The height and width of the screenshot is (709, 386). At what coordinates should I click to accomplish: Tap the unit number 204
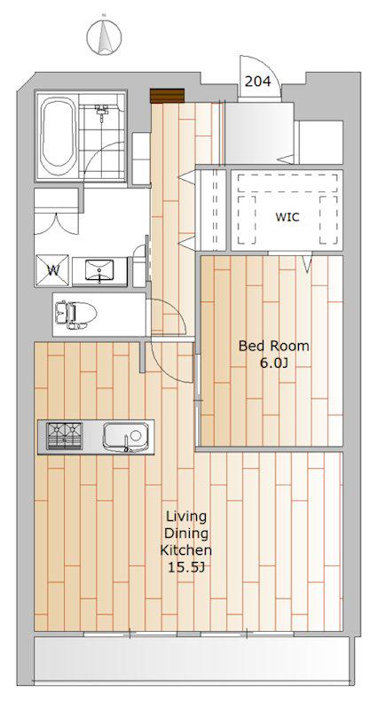tap(257, 82)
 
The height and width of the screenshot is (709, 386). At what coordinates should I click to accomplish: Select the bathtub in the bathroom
tap(57, 136)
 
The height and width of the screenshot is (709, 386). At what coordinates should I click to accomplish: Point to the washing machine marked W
tap(53, 271)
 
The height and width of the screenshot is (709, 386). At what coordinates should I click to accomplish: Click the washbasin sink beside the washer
tap(99, 270)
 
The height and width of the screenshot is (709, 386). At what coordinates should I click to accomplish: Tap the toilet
tap(75, 313)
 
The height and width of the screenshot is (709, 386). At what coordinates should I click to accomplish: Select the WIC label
tap(287, 217)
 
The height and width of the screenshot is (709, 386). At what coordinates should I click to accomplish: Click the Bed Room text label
tap(274, 347)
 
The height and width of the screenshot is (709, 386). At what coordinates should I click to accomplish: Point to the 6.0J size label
tap(274, 363)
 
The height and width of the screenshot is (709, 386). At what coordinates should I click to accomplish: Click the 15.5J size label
tap(186, 568)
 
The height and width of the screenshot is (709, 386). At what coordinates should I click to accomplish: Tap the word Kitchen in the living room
tap(186, 550)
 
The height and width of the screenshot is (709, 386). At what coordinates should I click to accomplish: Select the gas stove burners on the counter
tap(64, 436)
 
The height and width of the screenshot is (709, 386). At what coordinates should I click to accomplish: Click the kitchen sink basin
tap(126, 437)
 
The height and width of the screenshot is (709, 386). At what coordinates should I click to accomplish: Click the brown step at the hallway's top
tap(168, 96)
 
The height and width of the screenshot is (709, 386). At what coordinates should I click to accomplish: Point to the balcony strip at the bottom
tap(193, 658)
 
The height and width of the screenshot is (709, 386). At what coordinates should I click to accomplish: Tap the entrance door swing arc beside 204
tap(265, 68)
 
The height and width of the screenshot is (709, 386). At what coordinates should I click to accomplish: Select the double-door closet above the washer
tap(57, 211)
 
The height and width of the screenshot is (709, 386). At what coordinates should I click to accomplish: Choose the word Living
tap(186, 517)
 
